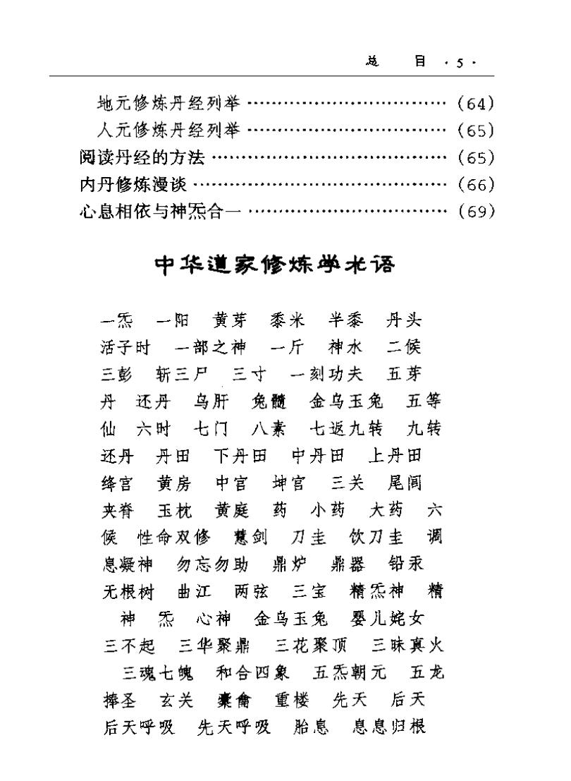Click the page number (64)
point(476,104)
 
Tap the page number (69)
point(476,212)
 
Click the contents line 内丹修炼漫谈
point(133,185)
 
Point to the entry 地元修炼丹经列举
point(168,104)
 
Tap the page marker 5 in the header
point(459,63)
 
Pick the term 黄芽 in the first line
point(230,321)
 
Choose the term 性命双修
point(173,538)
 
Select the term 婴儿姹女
point(387,619)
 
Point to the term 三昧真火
point(408,645)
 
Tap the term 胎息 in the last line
point(311,727)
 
